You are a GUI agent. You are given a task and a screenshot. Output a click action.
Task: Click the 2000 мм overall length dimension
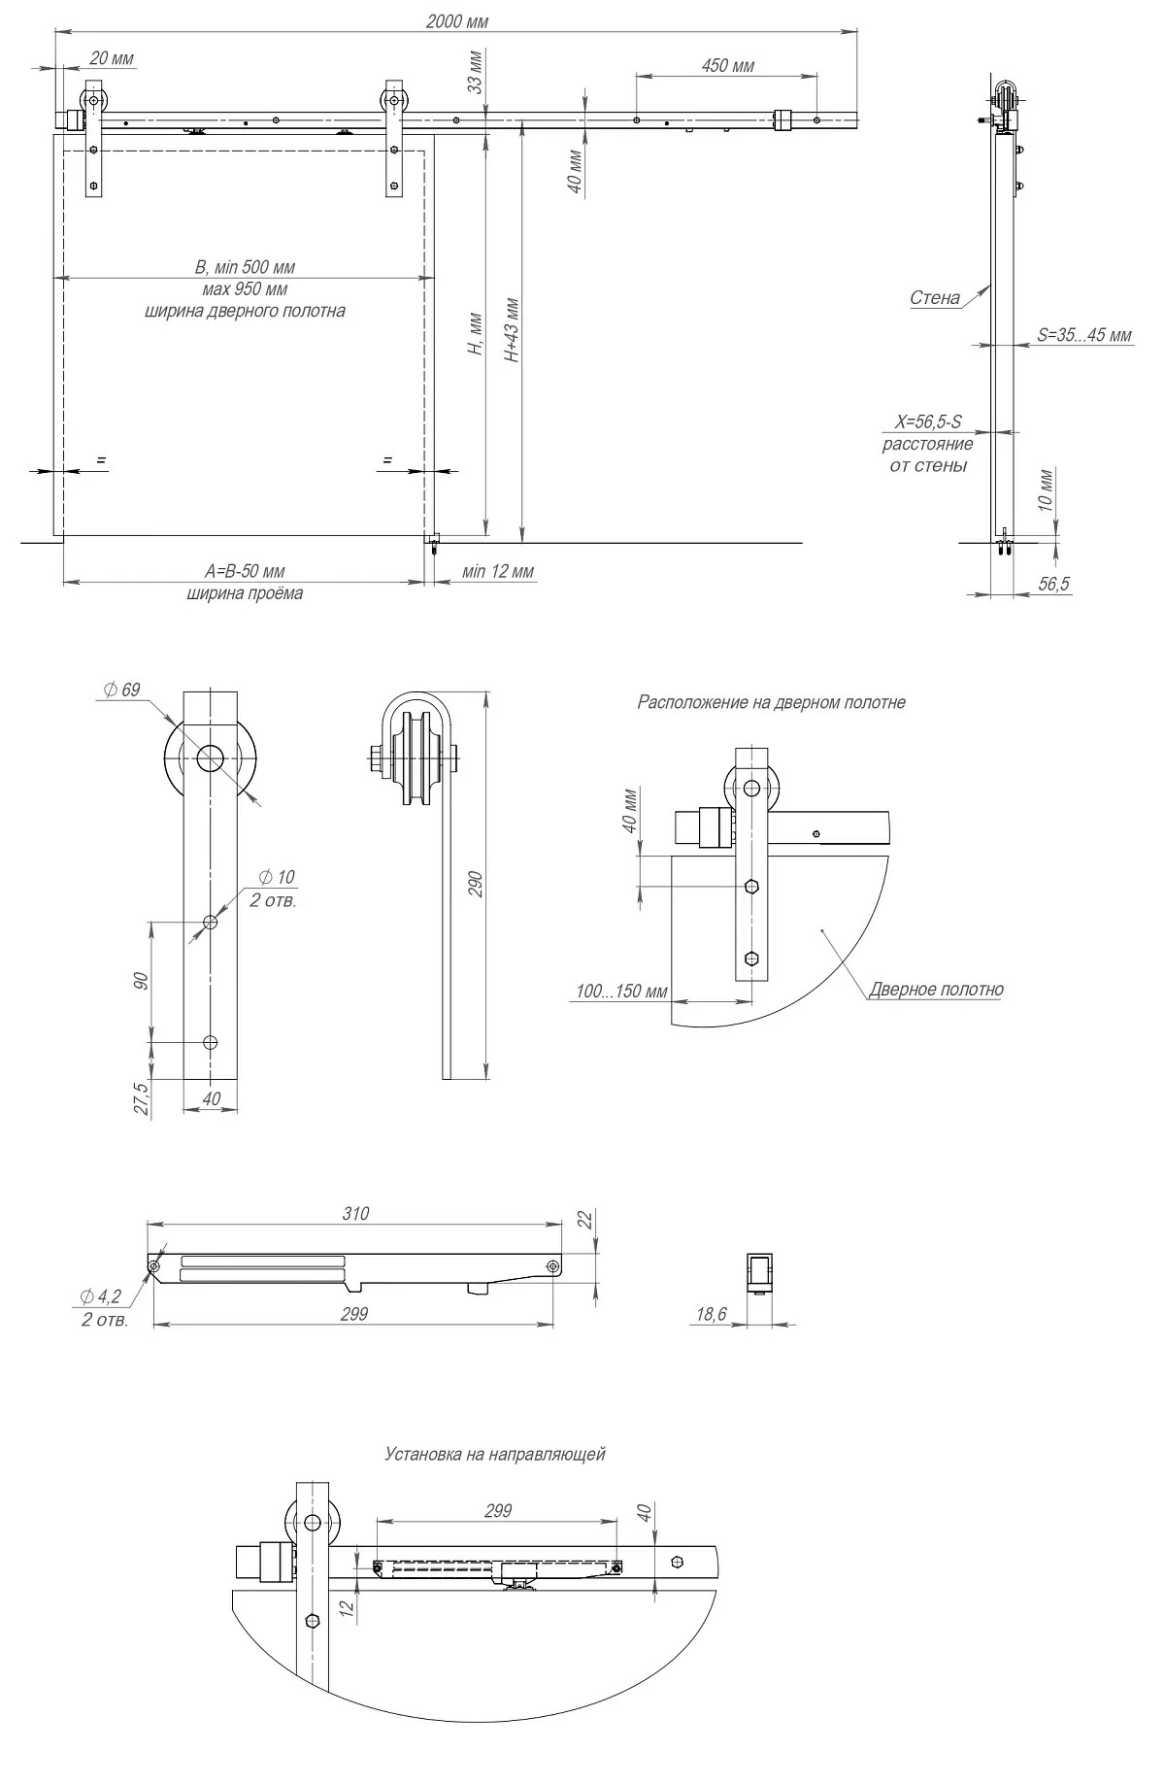pyautogui.click(x=456, y=21)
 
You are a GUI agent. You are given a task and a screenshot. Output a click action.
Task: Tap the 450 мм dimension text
pyautogui.click(x=727, y=66)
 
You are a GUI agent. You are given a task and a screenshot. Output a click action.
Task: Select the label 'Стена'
pyautogui.click(x=934, y=298)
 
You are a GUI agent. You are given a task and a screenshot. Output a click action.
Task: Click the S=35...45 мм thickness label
pyautogui.click(x=1083, y=336)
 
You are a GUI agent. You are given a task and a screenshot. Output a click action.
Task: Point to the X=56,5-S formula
pyautogui.click(x=927, y=422)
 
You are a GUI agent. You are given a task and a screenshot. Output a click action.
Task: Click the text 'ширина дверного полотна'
pyautogui.click(x=245, y=312)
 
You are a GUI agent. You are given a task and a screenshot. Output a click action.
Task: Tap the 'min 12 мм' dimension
pyautogui.click(x=497, y=571)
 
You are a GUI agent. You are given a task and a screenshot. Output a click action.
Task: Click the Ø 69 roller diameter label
pyautogui.click(x=121, y=690)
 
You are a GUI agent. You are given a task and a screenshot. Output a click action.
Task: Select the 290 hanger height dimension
pyautogui.click(x=476, y=884)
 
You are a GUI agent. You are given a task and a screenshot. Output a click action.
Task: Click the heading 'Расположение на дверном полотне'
pyautogui.click(x=771, y=702)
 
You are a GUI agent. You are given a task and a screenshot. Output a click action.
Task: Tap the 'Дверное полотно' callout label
pyautogui.click(x=936, y=990)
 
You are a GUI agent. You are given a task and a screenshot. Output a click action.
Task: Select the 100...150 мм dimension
pyautogui.click(x=621, y=992)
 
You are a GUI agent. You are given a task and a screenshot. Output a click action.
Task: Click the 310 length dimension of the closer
pyautogui.click(x=355, y=1213)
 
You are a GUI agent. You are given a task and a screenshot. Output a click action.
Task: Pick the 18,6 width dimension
pyautogui.click(x=711, y=1314)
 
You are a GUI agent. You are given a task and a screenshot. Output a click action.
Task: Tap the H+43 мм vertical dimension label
pyautogui.click(x=513, y=330)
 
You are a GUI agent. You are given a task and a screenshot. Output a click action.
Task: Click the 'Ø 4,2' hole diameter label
pyautogui.click(x=101, y=1296)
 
